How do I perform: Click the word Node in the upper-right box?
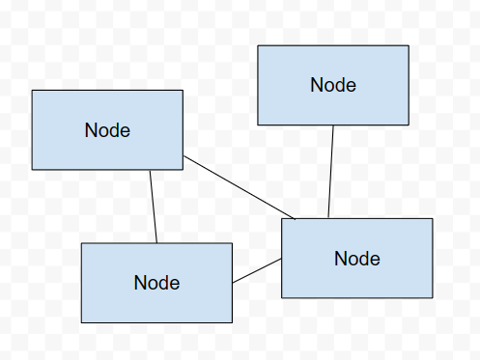(x=333, y=85)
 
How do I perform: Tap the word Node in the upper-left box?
(x=107, y=130)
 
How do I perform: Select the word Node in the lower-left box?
(x=156, y=283)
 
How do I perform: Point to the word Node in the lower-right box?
(x=357, y=259)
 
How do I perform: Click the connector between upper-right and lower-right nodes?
(x=330, y=172)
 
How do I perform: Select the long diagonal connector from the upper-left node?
(x=237, y=185)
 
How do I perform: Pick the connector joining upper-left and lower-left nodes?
(x=153, y=206)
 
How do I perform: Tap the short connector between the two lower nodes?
(x=257, y=271)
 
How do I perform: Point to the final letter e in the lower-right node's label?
(x=375, y=260)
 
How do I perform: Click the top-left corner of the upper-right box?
(x=258, y=45)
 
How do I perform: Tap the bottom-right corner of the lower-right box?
(x=432, y=297)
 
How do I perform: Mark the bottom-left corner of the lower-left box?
(x=81, y=322)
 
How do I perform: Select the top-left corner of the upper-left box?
(x=32, y=91)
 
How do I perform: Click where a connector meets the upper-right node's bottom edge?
(x=332, y=125)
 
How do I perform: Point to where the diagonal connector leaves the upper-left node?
(x=183, y=155)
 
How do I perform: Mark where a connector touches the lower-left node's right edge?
(x=232, y=283)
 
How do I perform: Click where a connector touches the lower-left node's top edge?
(x=156, y=243)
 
